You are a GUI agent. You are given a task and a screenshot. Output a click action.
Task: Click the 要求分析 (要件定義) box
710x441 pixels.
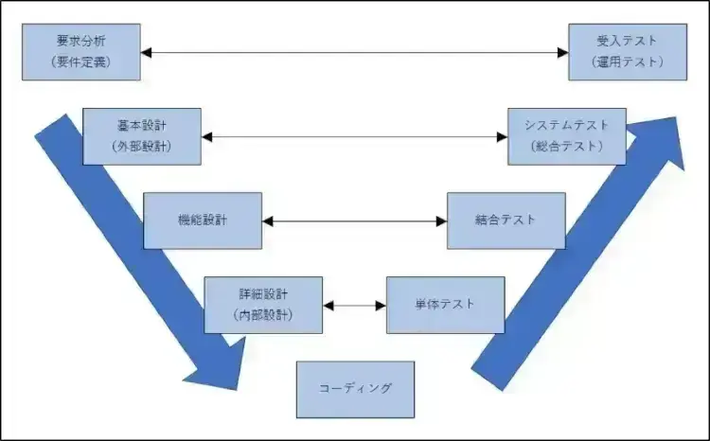(x=80, y=53)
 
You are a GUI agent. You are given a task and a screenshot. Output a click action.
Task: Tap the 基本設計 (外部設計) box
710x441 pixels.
(x=141, y=137)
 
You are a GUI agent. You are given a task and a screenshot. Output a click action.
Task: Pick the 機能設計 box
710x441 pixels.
(x=202, y=220)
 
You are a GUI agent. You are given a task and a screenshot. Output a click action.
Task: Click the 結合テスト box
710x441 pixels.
(x=506, y=220)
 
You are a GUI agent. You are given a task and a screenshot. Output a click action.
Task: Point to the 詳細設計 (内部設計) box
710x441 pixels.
(x=263, y=305)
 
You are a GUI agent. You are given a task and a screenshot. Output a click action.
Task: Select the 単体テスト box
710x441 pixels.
(x=445, y=305)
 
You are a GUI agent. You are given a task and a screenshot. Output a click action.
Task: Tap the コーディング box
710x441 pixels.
(x=355, y=389)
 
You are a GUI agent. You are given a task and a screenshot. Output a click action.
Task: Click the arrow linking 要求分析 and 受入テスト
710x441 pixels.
(x=354, y=53)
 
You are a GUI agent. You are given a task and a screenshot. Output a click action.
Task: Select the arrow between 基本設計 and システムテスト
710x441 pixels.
(x=354, y=137)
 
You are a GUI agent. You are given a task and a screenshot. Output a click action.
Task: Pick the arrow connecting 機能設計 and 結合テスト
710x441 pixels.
(x=354, y=220)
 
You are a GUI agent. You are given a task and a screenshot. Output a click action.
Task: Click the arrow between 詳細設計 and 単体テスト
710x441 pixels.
(x=354, y=306)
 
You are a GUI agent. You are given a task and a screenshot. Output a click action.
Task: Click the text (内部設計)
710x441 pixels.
(x=263, y=314)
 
